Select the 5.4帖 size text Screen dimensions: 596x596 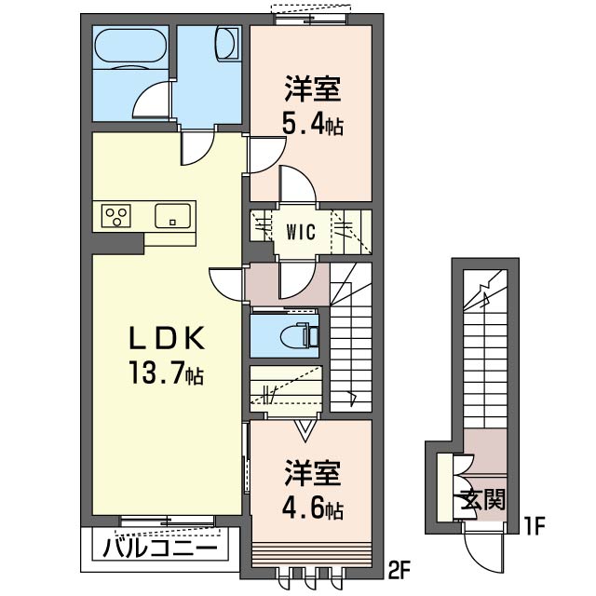pyautogui.click(x=313, y=124)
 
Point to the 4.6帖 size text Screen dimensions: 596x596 pyautogui.click(x=313, y=509)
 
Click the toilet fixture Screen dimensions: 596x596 pyautogui.click(x=298, y=335)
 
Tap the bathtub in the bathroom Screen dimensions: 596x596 pyautogui.click(x=131, y=46)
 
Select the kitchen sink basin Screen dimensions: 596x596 pyautogui.click(x=171, y=215)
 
